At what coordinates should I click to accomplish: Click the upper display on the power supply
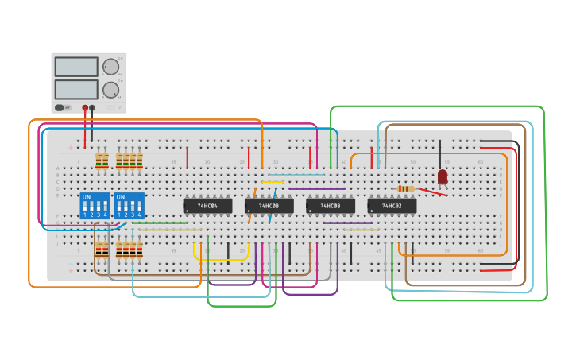(76, 67)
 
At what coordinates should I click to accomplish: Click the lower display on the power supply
(76, 89)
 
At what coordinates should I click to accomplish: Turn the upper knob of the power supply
(110, 67)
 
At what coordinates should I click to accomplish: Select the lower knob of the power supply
(110, 89)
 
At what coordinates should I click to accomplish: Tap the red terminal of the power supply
(85, 107)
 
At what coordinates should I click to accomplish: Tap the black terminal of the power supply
(92, 107)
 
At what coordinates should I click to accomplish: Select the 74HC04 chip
(207, 206)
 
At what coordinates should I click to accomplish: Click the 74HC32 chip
(392, 206)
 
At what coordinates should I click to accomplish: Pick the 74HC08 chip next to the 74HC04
(269, 206)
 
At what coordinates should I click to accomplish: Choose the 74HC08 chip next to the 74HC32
(330, 206)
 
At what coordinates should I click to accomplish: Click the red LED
(443, 176)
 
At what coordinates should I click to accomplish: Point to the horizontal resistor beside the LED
(406, 188)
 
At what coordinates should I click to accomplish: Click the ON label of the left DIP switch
(86, 196)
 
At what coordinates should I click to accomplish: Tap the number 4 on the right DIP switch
(139, 215)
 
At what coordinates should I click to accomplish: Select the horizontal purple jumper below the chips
(347, 223)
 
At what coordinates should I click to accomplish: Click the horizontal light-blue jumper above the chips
(296, 175)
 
